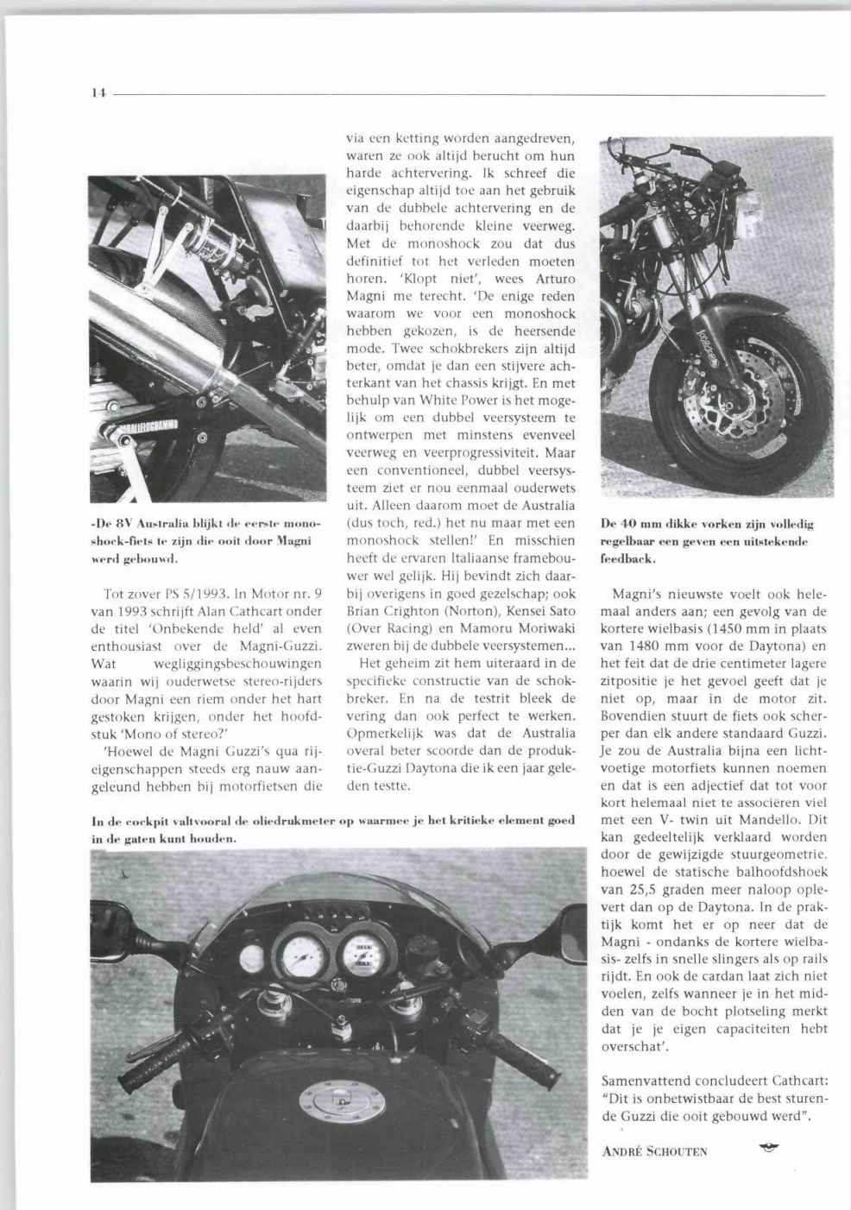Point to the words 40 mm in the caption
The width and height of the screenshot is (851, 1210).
(x=637, y=524)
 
